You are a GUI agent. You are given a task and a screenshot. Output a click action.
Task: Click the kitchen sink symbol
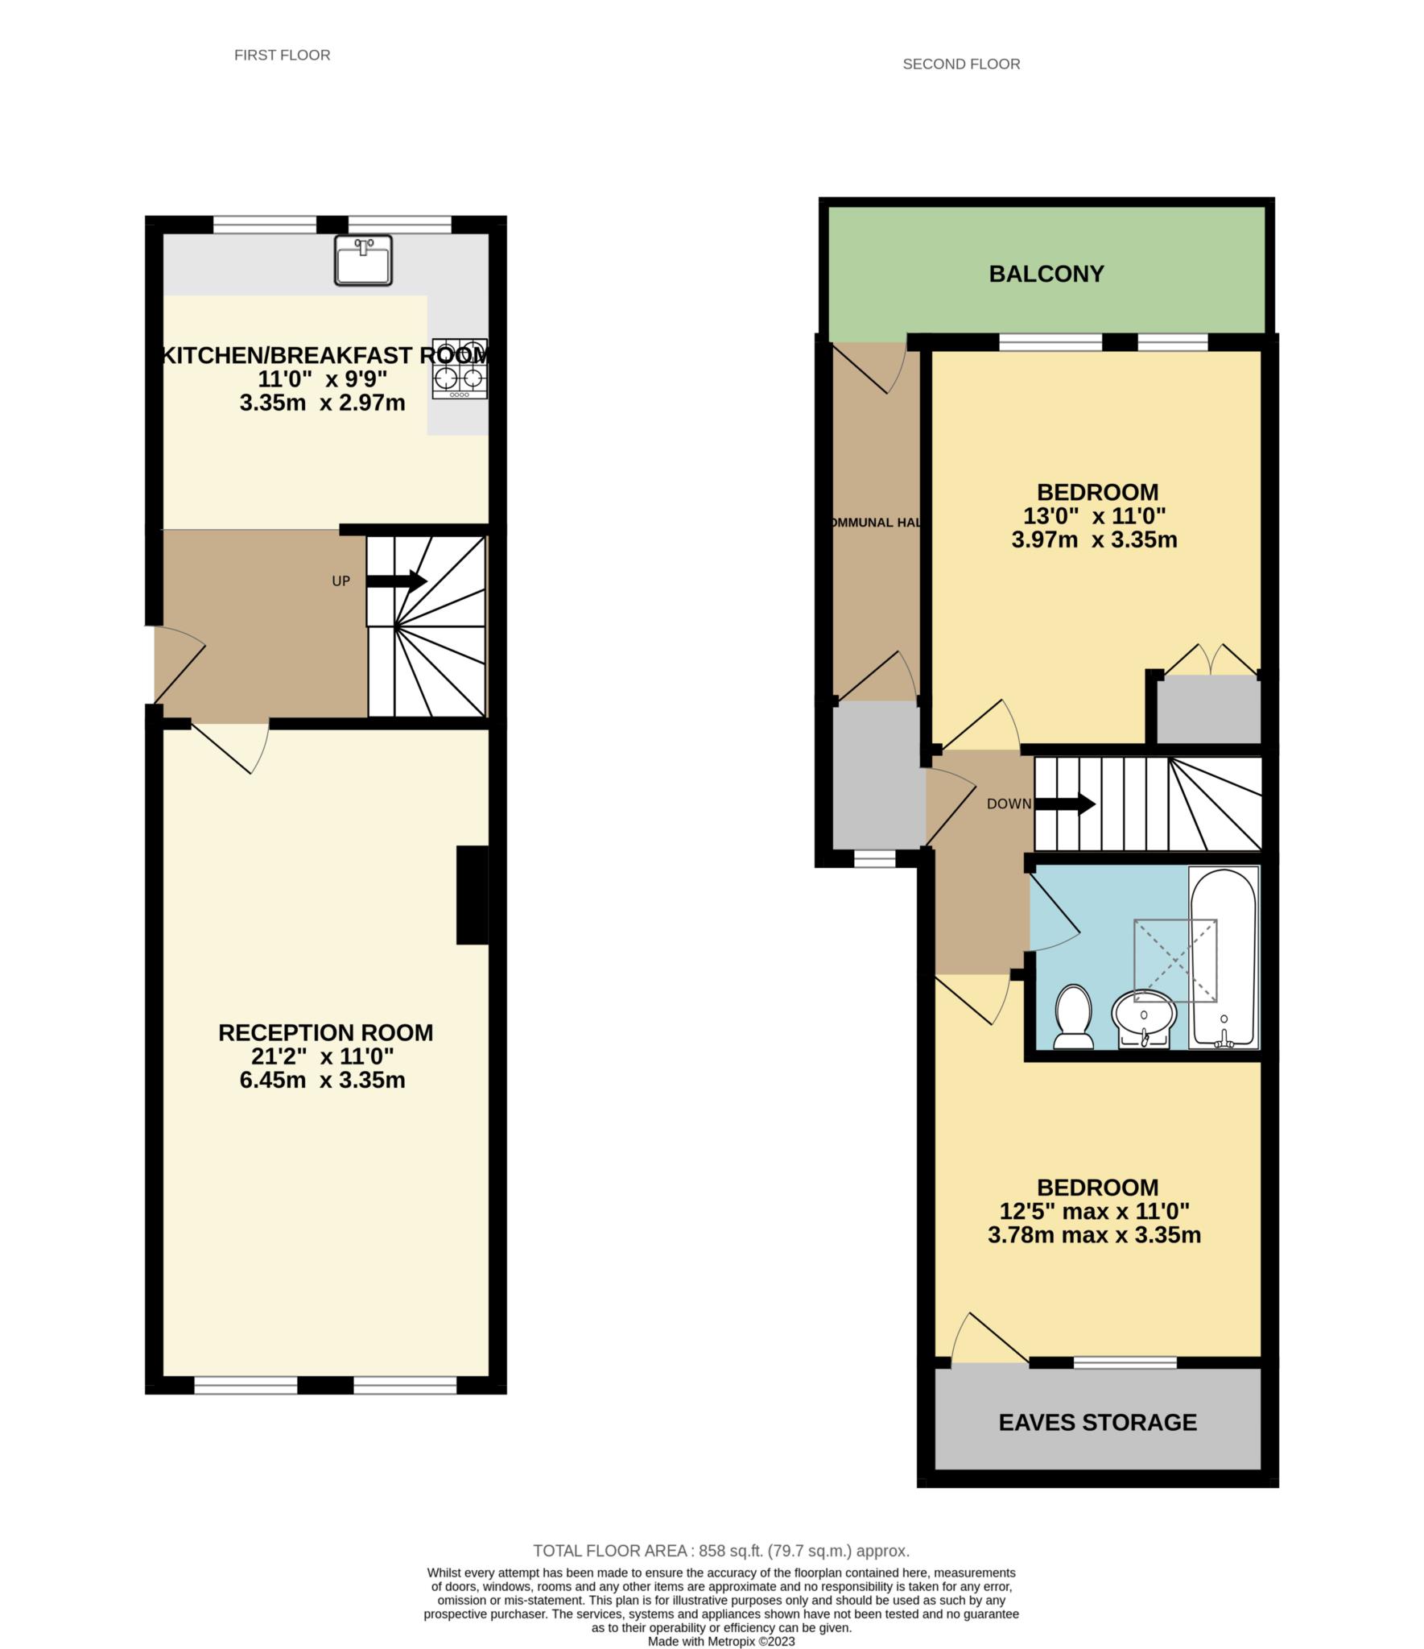[x=363, y=260]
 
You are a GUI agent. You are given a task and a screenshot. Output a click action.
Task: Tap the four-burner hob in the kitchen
[x=460, y=368]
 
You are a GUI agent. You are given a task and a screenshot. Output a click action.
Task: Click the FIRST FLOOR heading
[x=282, y=55]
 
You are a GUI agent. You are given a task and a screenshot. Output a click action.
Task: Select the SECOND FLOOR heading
[x=961, y=64]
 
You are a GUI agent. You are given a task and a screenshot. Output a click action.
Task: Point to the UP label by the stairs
[x=341, y=581]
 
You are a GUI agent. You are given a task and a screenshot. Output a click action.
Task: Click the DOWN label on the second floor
[x=1009, y=804]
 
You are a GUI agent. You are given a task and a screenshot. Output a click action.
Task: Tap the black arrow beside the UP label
[x=397, y=581]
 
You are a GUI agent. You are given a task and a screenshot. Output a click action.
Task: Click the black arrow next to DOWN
[x=1064, y=804]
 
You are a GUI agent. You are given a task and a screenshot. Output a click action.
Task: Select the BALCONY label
[x=1046, y=274]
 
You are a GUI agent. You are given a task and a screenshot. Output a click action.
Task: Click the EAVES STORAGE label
[x=1097, y=1422]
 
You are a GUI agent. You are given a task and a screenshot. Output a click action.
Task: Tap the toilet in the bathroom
[x=1073, y=1017]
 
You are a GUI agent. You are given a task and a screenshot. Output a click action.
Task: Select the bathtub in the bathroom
[x=1224, y=957]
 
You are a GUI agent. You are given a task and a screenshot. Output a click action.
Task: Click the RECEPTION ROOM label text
[x=325, y=1032]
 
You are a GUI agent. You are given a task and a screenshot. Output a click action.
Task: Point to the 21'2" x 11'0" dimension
[x=325, y=1056]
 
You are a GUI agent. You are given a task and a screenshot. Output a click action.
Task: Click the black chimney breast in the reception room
[x=473, y=894]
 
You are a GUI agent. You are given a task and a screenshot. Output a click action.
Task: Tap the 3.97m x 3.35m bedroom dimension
[x=1094, y=539]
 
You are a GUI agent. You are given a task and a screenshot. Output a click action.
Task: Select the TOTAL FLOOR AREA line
[x=721, y=1551]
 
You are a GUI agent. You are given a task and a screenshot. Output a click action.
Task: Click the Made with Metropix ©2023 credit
[x=721, y=1641]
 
